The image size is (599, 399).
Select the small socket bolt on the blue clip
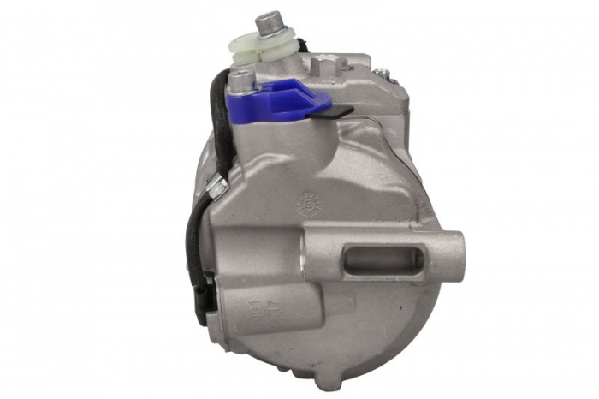tap(243, 80)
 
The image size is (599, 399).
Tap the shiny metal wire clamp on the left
tap(216, 186)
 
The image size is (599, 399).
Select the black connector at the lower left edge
tap(199, 303)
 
